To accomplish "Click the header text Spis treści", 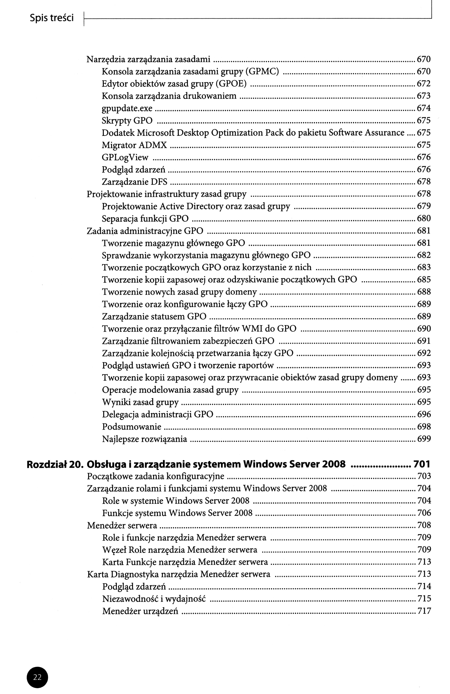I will click(52, 18).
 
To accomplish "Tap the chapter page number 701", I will click(422, 464).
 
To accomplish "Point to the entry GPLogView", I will click(125, 157).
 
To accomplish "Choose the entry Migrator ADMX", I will click(134, 145).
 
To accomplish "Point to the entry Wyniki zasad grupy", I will click(140, 402).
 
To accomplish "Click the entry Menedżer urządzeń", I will click(140, 611).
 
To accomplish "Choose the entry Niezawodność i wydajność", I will click(154, 599).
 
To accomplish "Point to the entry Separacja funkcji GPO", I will click(145, 219).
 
